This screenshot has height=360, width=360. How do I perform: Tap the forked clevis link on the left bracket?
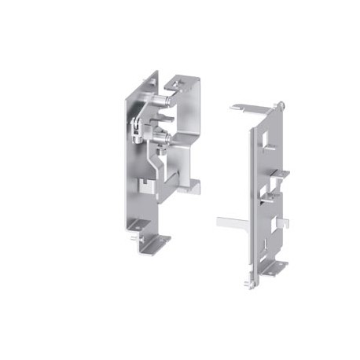click(x=138, y=126)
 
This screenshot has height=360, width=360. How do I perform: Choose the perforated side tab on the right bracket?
click(x=274, y=189)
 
